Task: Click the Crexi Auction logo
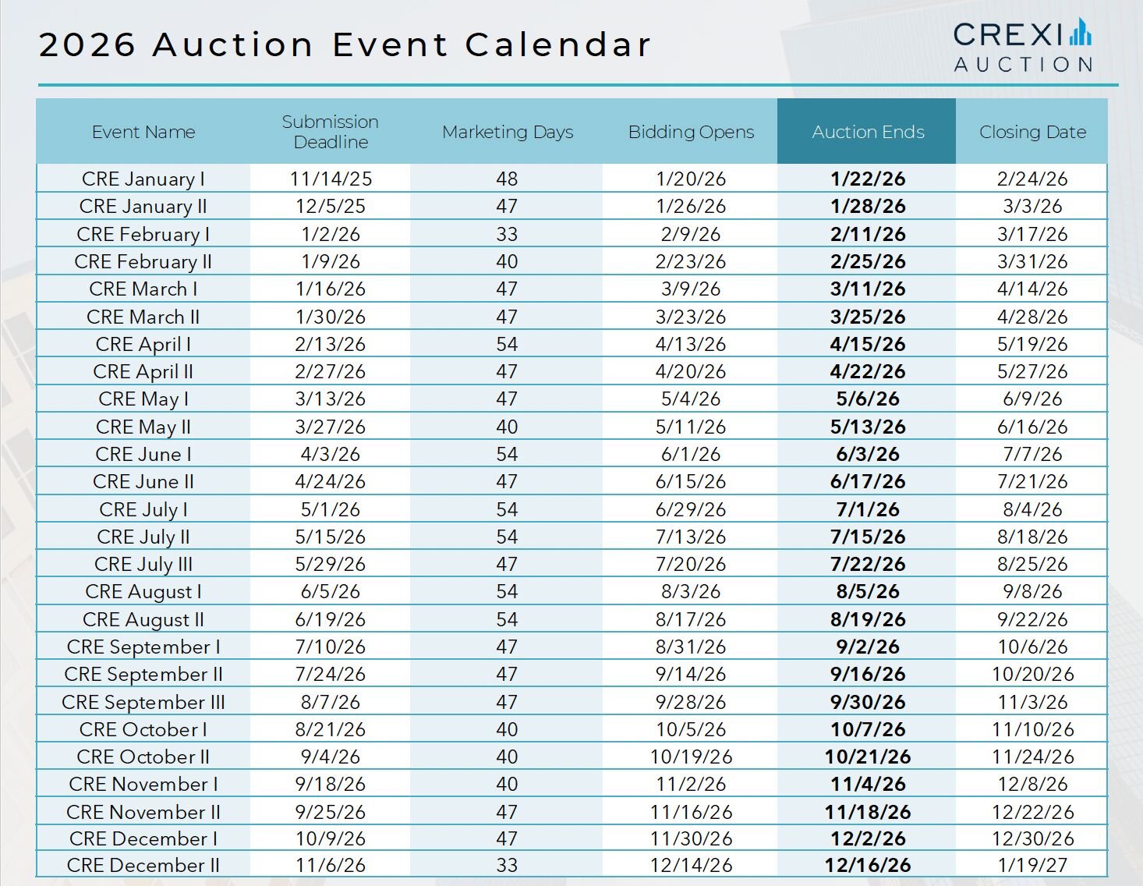(x=1022, y=45)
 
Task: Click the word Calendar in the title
(x=557, y=44)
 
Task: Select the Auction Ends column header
(x=867, y=132)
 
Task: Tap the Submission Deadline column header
(x=331, y=132)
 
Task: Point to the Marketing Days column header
(x=507, y=132)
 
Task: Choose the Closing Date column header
(x=1032, y=132)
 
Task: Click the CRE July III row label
(x=143, y=564)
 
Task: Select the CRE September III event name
(x=143, y=702)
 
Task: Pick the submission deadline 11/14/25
(x=331, y=179)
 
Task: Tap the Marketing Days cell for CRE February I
(x=507, y=234)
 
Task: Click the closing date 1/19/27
(x=1032, y=865)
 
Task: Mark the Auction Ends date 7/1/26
(x=867, y=509)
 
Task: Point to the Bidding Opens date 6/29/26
(x=691, y=509)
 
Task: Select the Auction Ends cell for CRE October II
(x=867, y=757)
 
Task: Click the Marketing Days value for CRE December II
(x=507, y=865)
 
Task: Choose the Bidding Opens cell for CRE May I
(x=691, y=399)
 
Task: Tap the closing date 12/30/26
(x=1032, y=838)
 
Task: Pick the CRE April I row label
(x=143, y=344)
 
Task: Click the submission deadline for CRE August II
(x=331, y=619)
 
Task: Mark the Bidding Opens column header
(x=691, y=132)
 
